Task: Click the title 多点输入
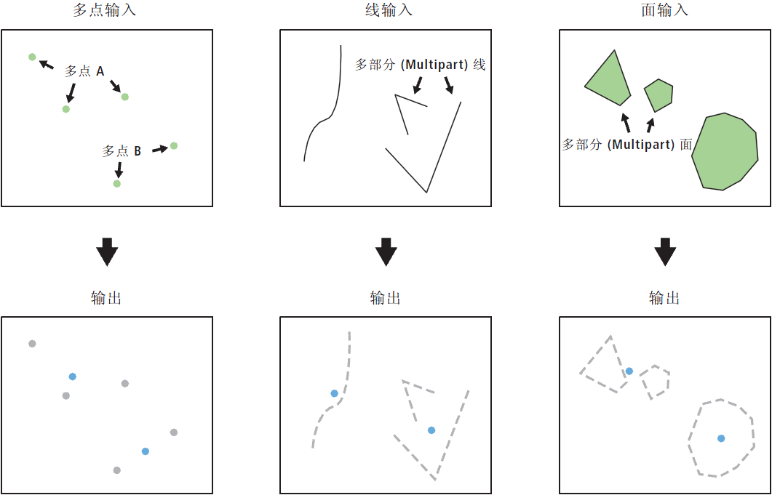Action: point(104,10)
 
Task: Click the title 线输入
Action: point(386,10)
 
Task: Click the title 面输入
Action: point(664,10)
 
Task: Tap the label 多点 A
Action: point(84,72)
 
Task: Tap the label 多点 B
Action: point(122,151)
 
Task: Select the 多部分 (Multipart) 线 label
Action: point(421,65)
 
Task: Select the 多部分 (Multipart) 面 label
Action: point(628,145)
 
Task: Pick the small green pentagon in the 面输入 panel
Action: point(658,95)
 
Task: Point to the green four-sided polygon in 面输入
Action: point(608,80)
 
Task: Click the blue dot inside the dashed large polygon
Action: point(721,438)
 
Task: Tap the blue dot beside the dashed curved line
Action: point(334,394)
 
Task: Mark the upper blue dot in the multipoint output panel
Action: point(72,377)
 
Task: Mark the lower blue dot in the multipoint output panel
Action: point(145,451)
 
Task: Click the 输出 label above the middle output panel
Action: point(386,298)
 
